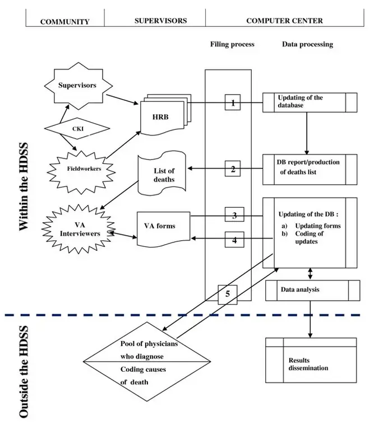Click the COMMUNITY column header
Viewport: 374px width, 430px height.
point(64,21)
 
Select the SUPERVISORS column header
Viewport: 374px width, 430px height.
point(160,21)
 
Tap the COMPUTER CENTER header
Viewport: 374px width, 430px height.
point(284,21)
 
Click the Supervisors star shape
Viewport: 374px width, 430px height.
point(78,86)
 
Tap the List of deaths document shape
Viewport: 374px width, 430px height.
point(164,175)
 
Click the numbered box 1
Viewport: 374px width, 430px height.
point(233,103)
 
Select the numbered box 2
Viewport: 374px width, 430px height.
point(233,169)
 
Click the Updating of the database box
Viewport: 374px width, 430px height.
point(310,102)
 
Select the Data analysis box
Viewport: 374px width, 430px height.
point(312,291)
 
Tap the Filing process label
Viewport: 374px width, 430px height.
point(232,44)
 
